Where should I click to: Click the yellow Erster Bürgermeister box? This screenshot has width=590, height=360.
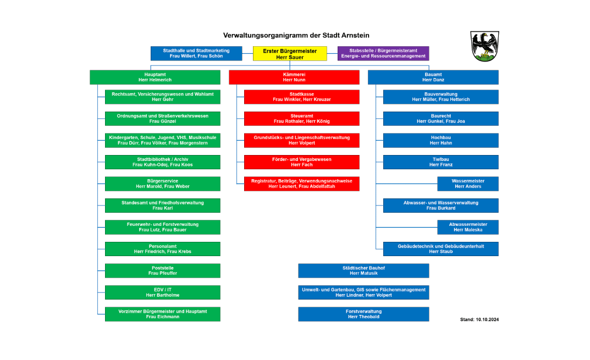290,53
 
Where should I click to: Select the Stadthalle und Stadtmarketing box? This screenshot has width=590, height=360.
196,53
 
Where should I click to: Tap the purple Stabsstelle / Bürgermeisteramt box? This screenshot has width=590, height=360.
383,53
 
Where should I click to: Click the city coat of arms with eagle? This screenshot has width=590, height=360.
484,46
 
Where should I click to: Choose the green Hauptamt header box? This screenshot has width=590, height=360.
155,77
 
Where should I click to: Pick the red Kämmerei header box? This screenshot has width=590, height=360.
294,77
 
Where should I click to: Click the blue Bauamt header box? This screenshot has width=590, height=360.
433,77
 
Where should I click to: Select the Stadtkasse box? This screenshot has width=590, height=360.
301,97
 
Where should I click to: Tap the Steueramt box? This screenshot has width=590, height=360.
301,119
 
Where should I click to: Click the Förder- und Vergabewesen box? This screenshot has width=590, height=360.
301,162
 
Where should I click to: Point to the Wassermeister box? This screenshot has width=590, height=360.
468,184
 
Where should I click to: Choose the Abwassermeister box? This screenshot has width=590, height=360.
468,227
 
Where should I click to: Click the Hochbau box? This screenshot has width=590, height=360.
440,140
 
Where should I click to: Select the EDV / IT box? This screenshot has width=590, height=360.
162,292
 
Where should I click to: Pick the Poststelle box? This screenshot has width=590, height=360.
162,270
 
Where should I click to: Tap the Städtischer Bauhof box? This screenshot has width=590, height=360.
363,270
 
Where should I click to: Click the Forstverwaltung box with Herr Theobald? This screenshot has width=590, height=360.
363,314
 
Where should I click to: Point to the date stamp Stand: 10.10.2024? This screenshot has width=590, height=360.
479,319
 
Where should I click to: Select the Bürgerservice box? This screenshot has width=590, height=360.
162,184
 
